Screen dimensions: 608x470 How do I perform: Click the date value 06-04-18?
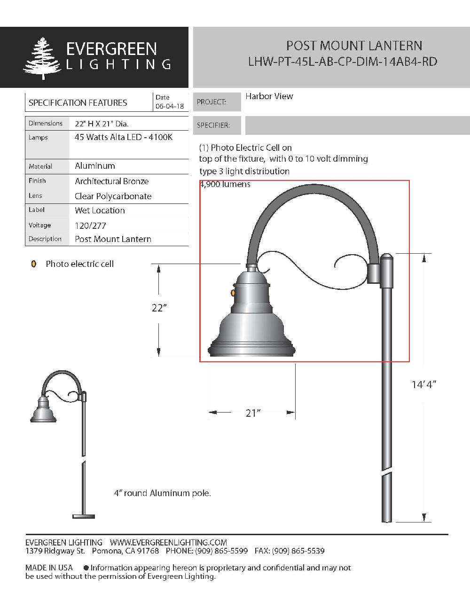tap(169, 107)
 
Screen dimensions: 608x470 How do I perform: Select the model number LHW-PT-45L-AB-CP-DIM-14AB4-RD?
tap(343, 62)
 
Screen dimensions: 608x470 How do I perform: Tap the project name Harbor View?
tap(269, 96)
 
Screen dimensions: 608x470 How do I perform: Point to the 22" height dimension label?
tap(159, 308)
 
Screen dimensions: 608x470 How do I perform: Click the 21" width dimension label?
tap(252, 413)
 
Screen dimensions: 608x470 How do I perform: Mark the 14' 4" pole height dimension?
tap(423, 384)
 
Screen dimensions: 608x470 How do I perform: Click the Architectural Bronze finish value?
tap(111, 181)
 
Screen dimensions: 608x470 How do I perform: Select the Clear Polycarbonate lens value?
tap(113, 196)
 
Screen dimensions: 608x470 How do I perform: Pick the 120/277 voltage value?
tap(90, 226)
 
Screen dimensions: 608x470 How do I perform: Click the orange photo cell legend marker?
tap(34, 264)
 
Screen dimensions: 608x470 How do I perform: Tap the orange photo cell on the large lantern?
tap(233, 293)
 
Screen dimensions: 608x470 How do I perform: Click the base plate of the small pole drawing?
tap(84, 516)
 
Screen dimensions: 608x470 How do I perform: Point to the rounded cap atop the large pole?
tap(386, 257)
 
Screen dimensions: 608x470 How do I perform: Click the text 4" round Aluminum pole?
tap(162, 493)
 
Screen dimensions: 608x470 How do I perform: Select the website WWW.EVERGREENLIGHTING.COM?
tap(168, 543)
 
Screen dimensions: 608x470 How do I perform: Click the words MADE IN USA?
tap(49, 568)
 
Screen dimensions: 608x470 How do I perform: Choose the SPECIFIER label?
tap(213, 125)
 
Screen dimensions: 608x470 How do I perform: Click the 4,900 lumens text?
tap(225, 184)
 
